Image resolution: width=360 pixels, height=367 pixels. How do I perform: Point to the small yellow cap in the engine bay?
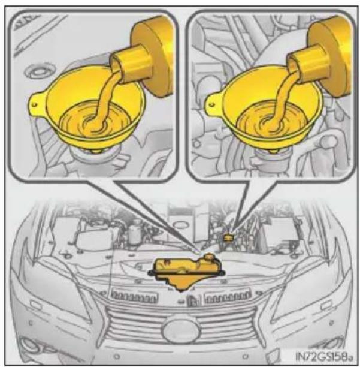tap(228, 238)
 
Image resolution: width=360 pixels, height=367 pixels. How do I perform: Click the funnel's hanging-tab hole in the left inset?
tap(35, 104)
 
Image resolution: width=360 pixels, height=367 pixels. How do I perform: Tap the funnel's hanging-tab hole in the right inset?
tap(211, 104)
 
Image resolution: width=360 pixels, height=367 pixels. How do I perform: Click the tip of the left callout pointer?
tap(201, 253)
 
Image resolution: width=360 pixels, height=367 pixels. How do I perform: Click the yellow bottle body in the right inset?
tap(330, 56)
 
